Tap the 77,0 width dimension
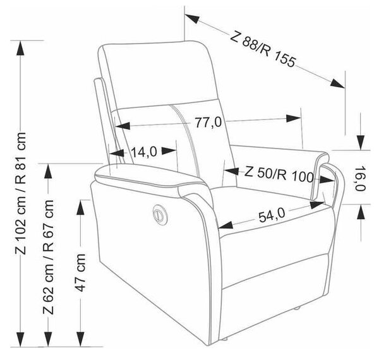tap(208, 123)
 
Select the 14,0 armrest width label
tap(144, 152)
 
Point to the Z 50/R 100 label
tap(279, 174)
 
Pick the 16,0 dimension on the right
tap(360, 179)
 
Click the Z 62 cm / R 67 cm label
tap(49, 257)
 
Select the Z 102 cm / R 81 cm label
tap(21, 193)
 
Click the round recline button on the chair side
tap(159, 214)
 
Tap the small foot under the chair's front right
tap(297, 309)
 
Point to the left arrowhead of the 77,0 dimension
tap(123, 126)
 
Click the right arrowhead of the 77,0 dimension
tap(293, 118)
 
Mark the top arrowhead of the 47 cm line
tap(80, 207)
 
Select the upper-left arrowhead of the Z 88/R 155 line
tap(192, 18)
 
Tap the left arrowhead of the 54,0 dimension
tap(226, 225)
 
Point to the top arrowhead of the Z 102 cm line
tap(20, 49)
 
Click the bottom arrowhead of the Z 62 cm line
tap(49, 339)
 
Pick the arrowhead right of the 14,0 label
tap(169, 151)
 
